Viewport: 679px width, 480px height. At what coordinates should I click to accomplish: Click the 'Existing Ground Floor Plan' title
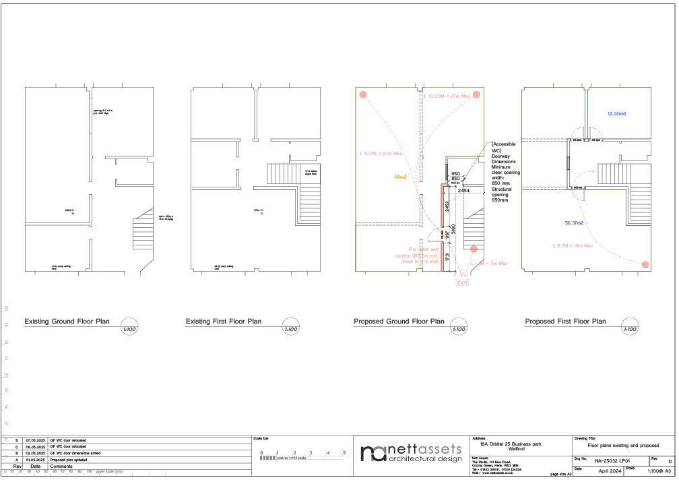[67, 322]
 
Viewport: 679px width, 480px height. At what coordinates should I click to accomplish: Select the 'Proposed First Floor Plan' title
[565, 322]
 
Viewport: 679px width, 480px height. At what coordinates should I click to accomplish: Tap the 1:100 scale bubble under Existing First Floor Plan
[290, 329]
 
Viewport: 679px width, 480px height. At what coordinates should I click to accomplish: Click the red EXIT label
[462, 283]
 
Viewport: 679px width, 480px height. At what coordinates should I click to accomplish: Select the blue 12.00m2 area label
[616, 114]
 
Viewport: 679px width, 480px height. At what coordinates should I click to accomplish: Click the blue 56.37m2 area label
[574, 222]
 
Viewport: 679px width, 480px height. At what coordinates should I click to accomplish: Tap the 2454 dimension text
[463, 191]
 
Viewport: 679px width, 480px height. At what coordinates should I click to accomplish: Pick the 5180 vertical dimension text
[454, 229]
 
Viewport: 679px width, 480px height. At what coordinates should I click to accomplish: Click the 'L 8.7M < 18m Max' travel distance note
[572, 245]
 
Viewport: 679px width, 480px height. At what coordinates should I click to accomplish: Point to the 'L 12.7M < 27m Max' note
[381, 154]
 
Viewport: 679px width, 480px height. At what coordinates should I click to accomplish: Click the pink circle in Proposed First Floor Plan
[645, 265]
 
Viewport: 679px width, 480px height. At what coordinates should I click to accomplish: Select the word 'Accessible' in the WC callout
[504, 144]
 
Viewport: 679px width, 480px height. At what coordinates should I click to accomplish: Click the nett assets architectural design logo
[411, 453]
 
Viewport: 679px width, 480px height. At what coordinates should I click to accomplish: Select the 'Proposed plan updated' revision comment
[68, 460]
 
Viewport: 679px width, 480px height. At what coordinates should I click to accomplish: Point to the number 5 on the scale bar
[344, 452]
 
